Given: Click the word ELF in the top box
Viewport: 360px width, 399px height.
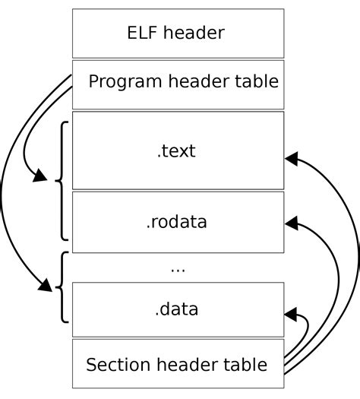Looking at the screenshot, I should click(x=141, y=33).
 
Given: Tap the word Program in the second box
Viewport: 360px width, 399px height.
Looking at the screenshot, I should click(x=121, y=81).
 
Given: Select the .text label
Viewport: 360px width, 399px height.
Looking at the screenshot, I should click(x=176, y=150).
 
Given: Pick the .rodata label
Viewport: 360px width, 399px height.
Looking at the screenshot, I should click(x=176, y=223).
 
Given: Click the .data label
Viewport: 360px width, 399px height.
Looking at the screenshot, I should click(x=176, y=309).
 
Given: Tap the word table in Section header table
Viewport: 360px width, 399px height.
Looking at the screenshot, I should click(x=246, y=365).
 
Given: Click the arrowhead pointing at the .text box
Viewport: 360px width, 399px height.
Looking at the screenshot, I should click(x=291, y=159).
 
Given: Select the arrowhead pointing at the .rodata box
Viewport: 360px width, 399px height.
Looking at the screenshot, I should click(x=291, y=223).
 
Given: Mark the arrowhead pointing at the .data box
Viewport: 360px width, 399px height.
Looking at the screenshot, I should click(x=291, y=312).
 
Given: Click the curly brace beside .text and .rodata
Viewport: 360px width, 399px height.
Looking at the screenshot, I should click(x=62, y=180).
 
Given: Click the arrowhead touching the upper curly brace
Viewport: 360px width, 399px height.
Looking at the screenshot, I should click(x=37, y=179).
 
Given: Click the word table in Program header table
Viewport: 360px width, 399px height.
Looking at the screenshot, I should click(x=260, y=81).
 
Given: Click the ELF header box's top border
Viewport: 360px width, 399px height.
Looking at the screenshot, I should click(x=178, y=9).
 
